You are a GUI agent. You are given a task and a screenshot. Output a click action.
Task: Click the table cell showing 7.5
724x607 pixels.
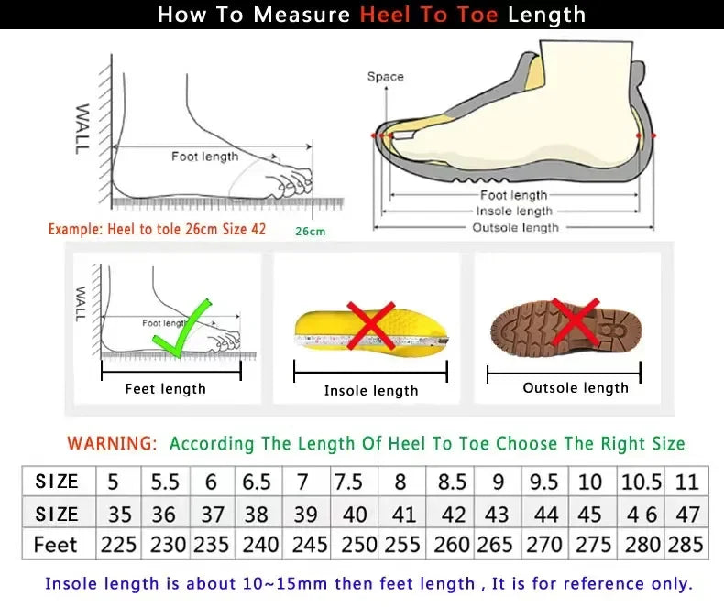pos(349,482)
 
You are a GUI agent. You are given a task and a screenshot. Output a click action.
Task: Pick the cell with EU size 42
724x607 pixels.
pos(453,514)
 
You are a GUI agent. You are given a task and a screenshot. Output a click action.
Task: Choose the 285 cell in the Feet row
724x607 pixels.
pos(686,545)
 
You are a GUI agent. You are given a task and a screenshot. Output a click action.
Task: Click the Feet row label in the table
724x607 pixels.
pos(56,545)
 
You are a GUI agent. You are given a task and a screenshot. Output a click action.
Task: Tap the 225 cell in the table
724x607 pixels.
pos(118,545)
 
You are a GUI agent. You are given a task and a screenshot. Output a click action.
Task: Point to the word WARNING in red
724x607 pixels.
pos(112,443)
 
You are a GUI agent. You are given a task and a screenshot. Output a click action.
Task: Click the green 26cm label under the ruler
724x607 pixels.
pos(310,232)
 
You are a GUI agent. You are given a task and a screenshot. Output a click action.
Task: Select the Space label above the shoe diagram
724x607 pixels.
pos(385,77)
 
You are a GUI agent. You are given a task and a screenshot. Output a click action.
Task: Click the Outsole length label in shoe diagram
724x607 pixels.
pos(515,227)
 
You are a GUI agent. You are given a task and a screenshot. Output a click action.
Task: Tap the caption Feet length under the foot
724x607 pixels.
pos(165,389)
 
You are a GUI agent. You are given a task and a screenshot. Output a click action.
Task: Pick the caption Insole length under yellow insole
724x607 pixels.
pos(370,391)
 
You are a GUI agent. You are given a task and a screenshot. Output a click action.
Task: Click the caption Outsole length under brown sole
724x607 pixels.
pos(576,388)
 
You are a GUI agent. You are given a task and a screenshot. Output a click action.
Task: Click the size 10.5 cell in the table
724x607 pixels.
pos(642,482)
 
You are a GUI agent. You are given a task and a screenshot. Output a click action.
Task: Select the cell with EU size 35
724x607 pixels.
pos(118,514)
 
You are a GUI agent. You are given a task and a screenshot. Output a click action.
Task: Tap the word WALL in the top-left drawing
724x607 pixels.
pos(82,128)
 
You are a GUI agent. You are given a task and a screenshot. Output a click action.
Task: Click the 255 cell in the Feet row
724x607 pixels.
pos(402,545)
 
